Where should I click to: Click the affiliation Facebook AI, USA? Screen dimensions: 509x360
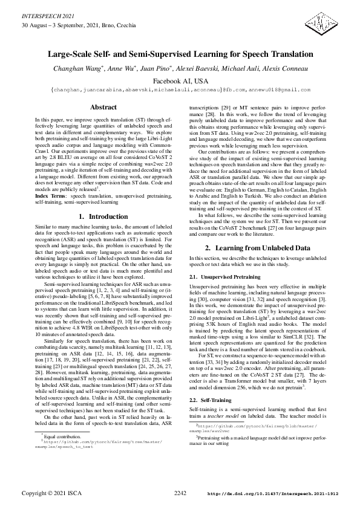click(180, 80)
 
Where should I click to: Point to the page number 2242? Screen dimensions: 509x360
click(180, 493)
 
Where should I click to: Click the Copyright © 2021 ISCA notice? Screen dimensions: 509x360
click(51, 493)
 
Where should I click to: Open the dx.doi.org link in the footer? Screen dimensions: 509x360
click(272, 494)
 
